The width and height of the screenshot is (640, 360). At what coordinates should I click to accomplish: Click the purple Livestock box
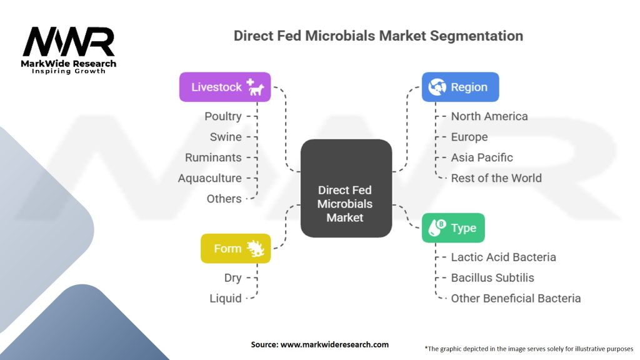pos(225,87)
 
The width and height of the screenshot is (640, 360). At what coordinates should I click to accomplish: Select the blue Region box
pos(461,87)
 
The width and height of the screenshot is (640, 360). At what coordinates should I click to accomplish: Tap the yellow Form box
pos(236,248)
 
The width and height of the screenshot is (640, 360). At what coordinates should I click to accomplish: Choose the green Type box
pos(453,227)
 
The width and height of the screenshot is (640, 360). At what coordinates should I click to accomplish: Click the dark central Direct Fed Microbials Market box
pos(346,188)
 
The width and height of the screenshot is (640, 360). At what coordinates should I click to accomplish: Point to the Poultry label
pos(223,116)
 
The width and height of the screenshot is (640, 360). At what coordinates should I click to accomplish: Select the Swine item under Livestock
pos(226,137)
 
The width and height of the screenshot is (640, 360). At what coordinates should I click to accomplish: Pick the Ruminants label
pos(213,157)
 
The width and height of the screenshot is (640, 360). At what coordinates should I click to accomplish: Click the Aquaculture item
pos(210,178)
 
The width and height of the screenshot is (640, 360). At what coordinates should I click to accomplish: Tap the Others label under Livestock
pos(224,199)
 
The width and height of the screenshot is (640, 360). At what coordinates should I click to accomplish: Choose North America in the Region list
pos(489,116)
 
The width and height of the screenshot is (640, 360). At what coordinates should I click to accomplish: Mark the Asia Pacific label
pos(482,157)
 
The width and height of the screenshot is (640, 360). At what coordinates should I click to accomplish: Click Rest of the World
pos(496,178)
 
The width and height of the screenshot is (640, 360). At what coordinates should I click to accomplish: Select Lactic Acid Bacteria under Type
pos(503,257)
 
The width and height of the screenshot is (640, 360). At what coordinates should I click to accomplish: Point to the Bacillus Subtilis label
pos(492,277)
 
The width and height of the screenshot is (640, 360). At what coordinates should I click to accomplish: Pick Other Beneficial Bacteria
pos(516,298)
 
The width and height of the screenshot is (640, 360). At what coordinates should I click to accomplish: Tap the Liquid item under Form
pos(226,298)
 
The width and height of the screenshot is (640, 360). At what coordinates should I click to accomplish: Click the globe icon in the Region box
pos(437,87)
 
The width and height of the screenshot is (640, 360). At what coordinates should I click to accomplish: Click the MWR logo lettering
pos(69,42)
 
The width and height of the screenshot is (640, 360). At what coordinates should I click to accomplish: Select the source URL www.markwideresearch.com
pos(334,344)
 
